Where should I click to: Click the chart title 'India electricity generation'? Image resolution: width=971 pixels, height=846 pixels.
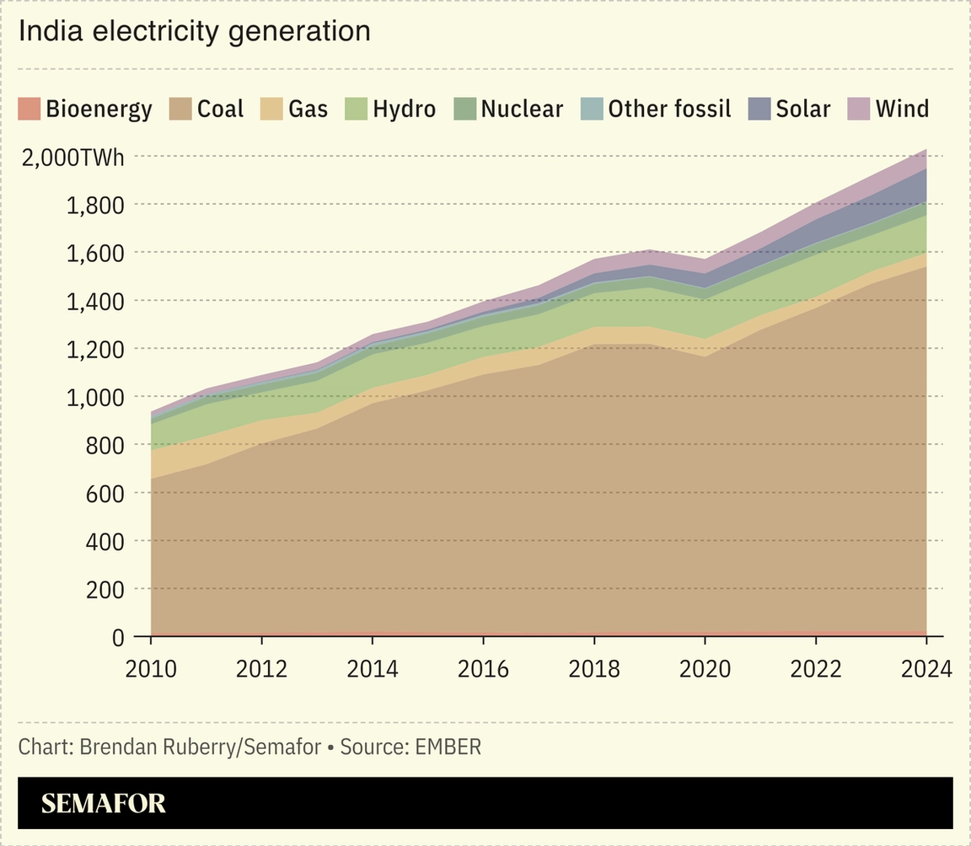[195, 31]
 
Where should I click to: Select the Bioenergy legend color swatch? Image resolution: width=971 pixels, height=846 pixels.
[29, 109]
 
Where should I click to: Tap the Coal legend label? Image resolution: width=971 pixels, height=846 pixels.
[220, 109]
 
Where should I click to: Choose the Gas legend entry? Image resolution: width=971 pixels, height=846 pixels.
[308, 109]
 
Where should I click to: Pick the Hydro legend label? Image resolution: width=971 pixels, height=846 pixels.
[404, 109]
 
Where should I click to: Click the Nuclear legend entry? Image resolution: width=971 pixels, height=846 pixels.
[521, 109]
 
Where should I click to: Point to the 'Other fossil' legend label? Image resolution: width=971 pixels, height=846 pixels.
[669, 109]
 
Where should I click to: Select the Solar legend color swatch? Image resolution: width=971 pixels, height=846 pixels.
[759, 109]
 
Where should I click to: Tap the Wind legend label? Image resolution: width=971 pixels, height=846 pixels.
[902, 109]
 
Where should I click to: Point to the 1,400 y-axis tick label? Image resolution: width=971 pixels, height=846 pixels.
[95, 301]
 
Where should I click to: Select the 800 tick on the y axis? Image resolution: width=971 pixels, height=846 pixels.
[105, 445]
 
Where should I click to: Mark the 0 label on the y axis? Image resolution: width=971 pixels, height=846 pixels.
[118, 638]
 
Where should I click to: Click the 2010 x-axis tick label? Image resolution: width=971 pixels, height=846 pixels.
[151, 669]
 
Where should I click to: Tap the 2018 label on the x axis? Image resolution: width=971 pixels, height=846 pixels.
[594, 669]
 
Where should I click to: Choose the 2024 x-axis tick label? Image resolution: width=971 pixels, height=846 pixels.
[925, 669]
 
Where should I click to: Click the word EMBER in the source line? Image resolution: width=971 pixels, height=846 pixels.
[448, 747]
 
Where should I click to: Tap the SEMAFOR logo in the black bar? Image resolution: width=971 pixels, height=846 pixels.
[104, 803]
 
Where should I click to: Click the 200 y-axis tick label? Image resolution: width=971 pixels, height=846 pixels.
[105, 590]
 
